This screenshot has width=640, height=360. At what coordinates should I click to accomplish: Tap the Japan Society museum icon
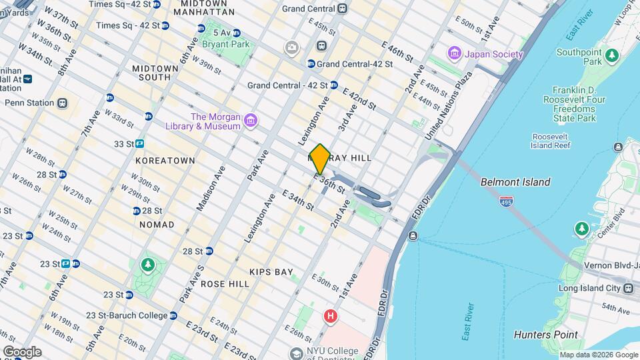pyautogui.click(x=455, y=52)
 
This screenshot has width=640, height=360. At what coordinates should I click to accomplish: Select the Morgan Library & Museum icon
pyautogui.click(x=250, y=121)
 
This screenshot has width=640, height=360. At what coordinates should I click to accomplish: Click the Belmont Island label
pyautogui.click(x=517, y=182)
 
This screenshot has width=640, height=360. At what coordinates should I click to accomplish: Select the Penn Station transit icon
pyautogui.click(x=62, y=103)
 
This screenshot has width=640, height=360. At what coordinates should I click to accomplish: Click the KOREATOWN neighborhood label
pyautogui.click(x=165, y=161)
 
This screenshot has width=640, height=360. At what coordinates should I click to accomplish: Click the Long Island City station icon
pyautogui.click(x=628, y=289)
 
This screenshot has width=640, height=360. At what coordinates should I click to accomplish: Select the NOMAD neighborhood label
pyautogui.click(x=157, y=225)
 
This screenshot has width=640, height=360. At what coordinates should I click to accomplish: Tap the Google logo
pyautogui.click(x=21, y=352)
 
